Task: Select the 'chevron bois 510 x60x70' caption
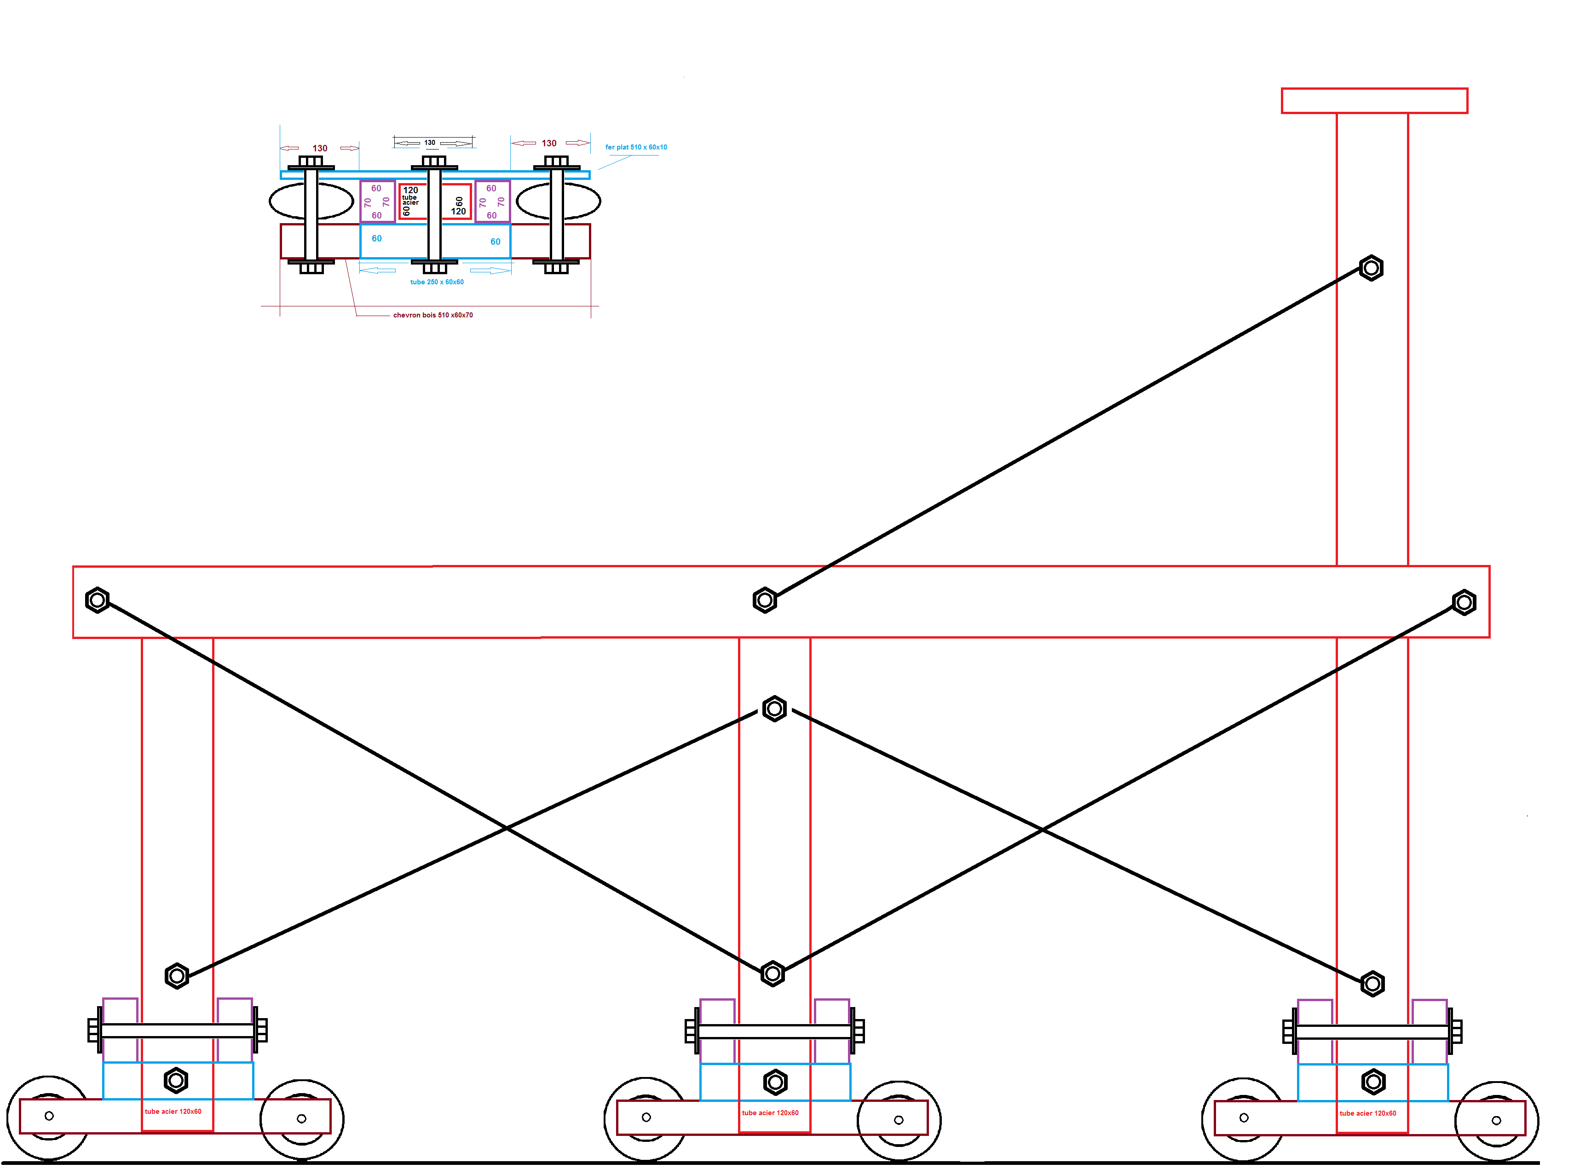[432, 315]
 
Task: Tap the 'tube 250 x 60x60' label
[437, 282]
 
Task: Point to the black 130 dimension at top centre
[430, 142]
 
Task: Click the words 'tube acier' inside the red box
[410, 200]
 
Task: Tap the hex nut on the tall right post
[1371, 268]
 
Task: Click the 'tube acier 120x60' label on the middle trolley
[770, 1113]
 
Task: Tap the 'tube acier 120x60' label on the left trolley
[173, 1112]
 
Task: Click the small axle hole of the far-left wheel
[49, 1116]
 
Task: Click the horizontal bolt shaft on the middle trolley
[774, 1032]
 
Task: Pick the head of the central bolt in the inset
[434, 161]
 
